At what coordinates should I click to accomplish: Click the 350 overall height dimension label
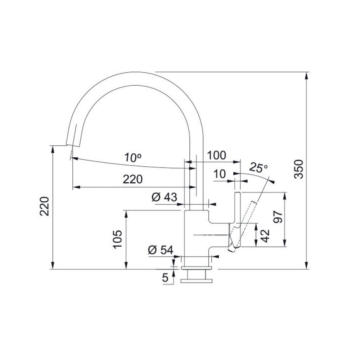299,169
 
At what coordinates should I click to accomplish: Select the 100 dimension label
216,156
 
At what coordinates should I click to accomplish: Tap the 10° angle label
133,158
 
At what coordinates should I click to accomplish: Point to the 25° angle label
258,168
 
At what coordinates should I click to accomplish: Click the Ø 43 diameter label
165,197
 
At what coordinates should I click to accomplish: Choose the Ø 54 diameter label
161,250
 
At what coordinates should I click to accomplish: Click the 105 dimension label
117,239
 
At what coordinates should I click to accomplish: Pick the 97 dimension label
278,217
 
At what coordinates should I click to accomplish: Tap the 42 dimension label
265,236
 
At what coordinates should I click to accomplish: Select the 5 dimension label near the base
165,278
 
